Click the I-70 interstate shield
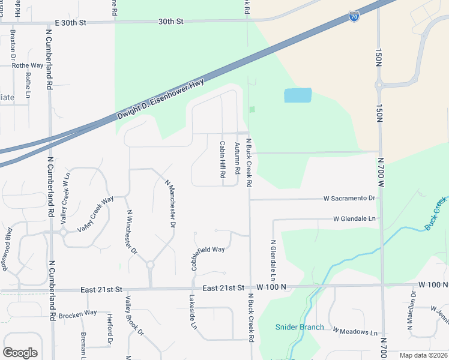(354, 16)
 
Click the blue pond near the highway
(298, 95)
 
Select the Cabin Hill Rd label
(222, 159)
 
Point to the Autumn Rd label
(237, 159)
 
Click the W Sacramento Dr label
(349, 197)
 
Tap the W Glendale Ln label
(354, 219)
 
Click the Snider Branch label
(300, 327)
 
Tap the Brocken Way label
(77, 313)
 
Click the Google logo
(20, 353)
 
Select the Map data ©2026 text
(423, 355)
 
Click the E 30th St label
(71, 22)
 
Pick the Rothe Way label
(28, 65)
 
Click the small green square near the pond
(252, 109)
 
